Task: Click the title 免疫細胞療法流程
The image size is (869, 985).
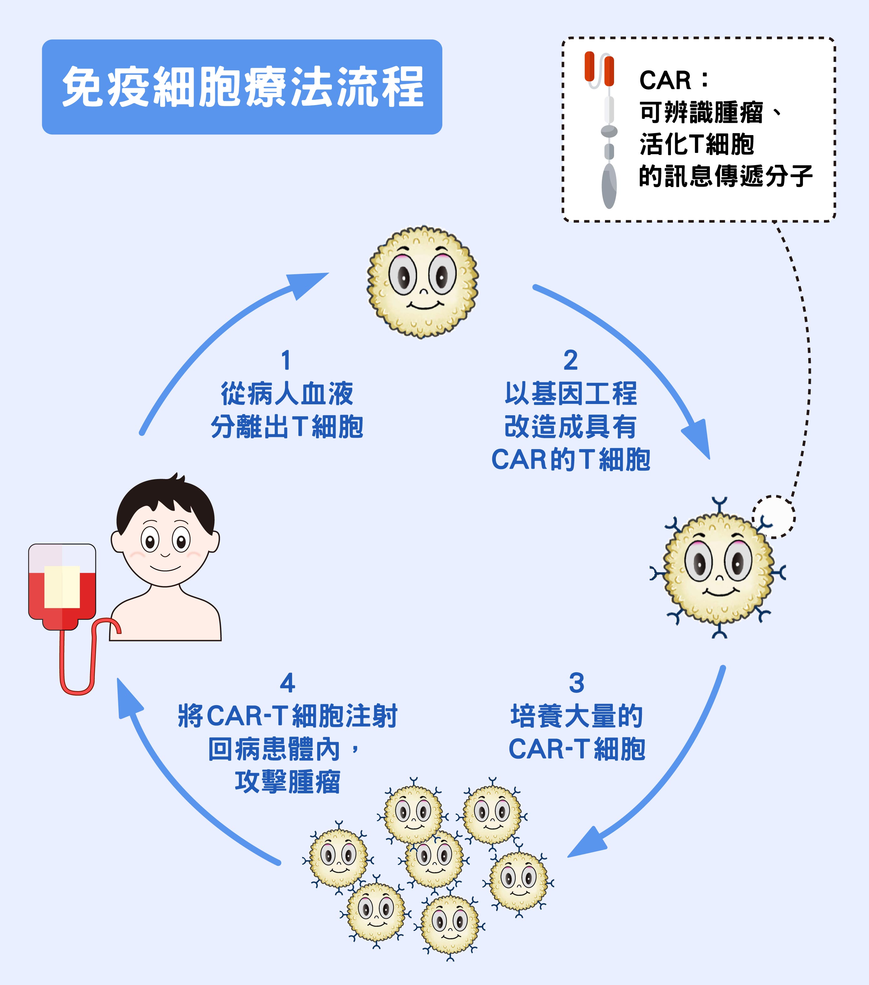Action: (x=242, y=87)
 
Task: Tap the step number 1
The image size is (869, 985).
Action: (x=286, y=361)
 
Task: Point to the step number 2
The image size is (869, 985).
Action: (x=571, y=361)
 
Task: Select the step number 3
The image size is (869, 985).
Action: (x=577, y=683)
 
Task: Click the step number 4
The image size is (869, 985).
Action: (x=287, y=683)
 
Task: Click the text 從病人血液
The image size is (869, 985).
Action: (x=287, y=394)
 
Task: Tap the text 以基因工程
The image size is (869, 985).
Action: (x=571, y=394)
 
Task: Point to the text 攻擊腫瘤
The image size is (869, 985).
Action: (x=287, y=782)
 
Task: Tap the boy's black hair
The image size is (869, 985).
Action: (x=164, y=501)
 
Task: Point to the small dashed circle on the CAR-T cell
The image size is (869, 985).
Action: (x=774, y=517)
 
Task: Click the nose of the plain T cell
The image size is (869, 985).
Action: (x=423, y=291)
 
